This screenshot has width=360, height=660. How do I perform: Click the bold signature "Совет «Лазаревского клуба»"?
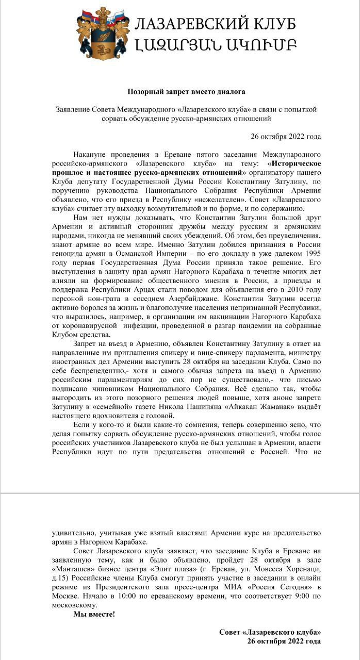pos(270,632)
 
